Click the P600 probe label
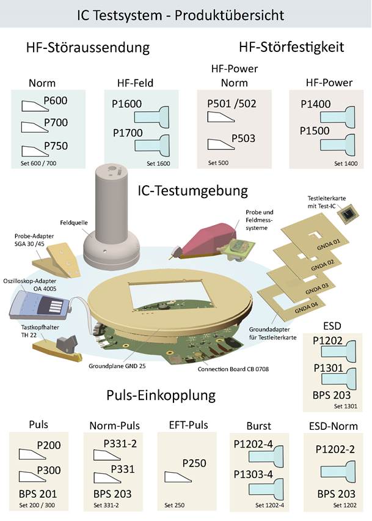[x=56, y=100]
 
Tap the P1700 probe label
[x=128, y=133]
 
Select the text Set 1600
[x=158, y=163]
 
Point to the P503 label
[x=243, y=138]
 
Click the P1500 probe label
[x=315, y=131]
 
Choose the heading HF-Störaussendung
[x=88, y=48]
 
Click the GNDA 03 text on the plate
[x=317, y=289]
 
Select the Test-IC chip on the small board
[x=349, y=213]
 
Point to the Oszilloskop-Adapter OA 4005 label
[x=30, y=285]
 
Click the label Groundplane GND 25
[x=117, y=366]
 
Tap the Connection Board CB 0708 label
[x=233, y=369]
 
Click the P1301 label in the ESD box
[x=328, y=368]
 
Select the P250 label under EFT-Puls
[x=194, y=463]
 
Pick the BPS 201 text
[x=38, y=493]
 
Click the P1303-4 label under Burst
[x=253, y=474]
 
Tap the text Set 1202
[x=345, y=505]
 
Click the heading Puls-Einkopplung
[x=161, y=396]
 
